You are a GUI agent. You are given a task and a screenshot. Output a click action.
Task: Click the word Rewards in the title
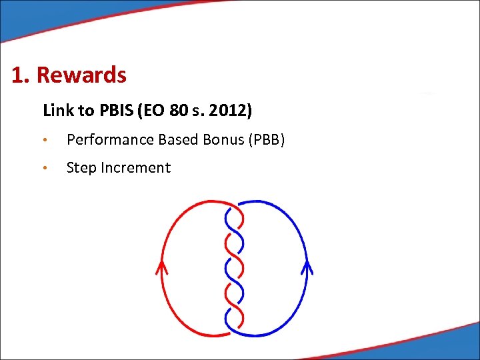coord(81,75)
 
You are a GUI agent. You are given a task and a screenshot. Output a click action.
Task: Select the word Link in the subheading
coord(57,110)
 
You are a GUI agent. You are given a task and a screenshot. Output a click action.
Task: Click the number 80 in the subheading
coord(179,110)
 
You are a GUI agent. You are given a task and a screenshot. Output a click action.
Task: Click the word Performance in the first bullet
coord(111,139)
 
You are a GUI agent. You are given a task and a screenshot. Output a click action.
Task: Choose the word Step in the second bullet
coord(81,168)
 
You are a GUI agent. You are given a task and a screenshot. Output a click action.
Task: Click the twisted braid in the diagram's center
coord(234,267)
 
